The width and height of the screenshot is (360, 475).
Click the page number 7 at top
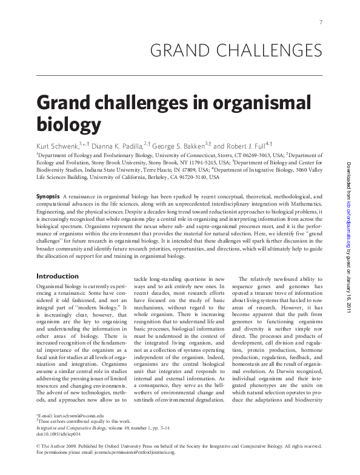point(320,22)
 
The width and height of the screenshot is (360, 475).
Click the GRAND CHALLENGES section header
point(235,50)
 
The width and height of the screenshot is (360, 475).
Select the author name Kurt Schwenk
point(58,146)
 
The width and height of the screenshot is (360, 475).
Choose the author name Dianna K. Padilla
point(117,146)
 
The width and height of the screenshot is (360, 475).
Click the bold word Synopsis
point(48,197)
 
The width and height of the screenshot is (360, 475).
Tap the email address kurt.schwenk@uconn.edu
point(70,414)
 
